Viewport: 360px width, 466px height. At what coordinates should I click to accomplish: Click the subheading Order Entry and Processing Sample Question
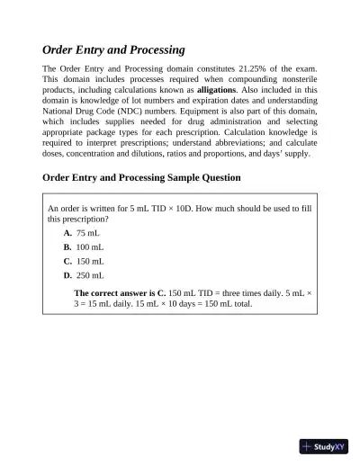click(141, 177)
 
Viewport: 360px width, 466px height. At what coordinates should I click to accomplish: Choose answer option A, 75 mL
click(82, 232)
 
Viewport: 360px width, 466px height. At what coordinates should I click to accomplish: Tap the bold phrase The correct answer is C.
click(120, 293)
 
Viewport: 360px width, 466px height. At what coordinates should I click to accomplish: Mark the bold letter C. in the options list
click(67, 261)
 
